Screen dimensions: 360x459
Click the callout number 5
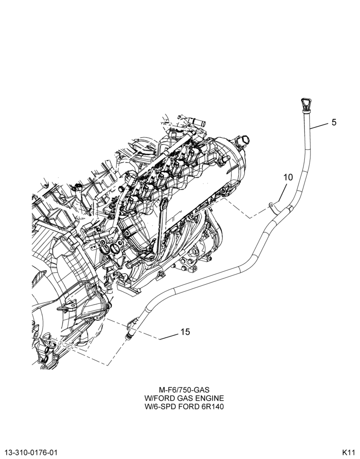tap(334, 122)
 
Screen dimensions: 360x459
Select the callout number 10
tap(288, 177)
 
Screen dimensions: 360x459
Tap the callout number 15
tap(185, 332)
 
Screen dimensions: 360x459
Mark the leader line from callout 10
tap(281, 193)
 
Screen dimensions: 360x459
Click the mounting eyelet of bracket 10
tap(271, 205)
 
